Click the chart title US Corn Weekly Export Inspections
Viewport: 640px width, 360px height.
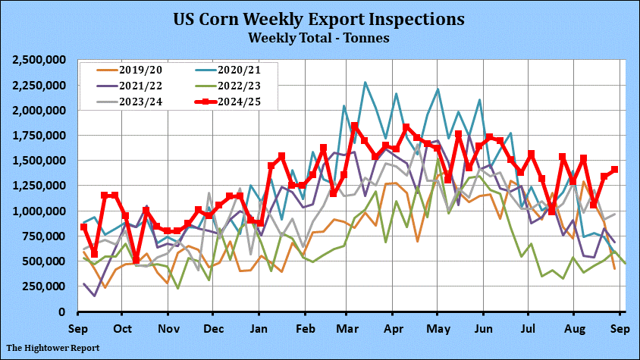(x=319, y=17)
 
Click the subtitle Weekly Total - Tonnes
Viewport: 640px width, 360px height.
(x=319, y=36)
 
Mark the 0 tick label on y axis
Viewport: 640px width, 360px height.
(x=66, y=311)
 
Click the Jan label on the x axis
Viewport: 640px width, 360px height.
(x=259, y=329)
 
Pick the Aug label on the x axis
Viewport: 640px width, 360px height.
(x=573, y=329)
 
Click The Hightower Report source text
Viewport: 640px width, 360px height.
(x=53, y=348)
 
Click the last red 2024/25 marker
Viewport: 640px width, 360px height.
(x=614, y=170)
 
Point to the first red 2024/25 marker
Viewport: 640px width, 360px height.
(x=83, y=227)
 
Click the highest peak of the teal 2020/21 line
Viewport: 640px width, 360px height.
(x=365, y=83)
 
